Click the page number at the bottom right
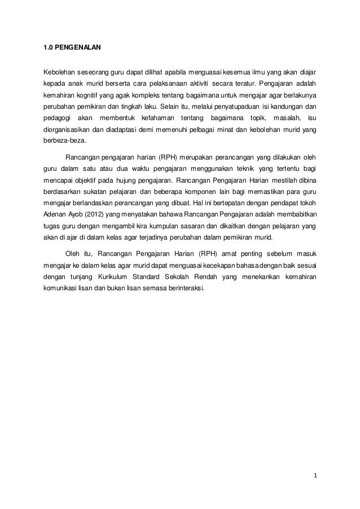coord(314,482)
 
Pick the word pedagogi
coord(56,117)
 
